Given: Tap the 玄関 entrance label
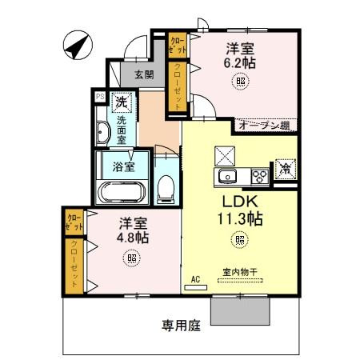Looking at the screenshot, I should point(144,74).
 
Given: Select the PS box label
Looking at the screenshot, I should point(100,96).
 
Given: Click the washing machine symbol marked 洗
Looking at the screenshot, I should point(121,102).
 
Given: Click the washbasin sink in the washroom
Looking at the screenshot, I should point(104,134).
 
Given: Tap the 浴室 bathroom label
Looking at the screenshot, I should point(122,168).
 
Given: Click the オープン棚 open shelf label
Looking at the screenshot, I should point(263,125).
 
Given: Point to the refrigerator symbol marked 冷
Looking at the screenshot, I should point(283,169).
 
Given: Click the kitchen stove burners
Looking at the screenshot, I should point(260,176).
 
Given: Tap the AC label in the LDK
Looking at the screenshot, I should point(194,280).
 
